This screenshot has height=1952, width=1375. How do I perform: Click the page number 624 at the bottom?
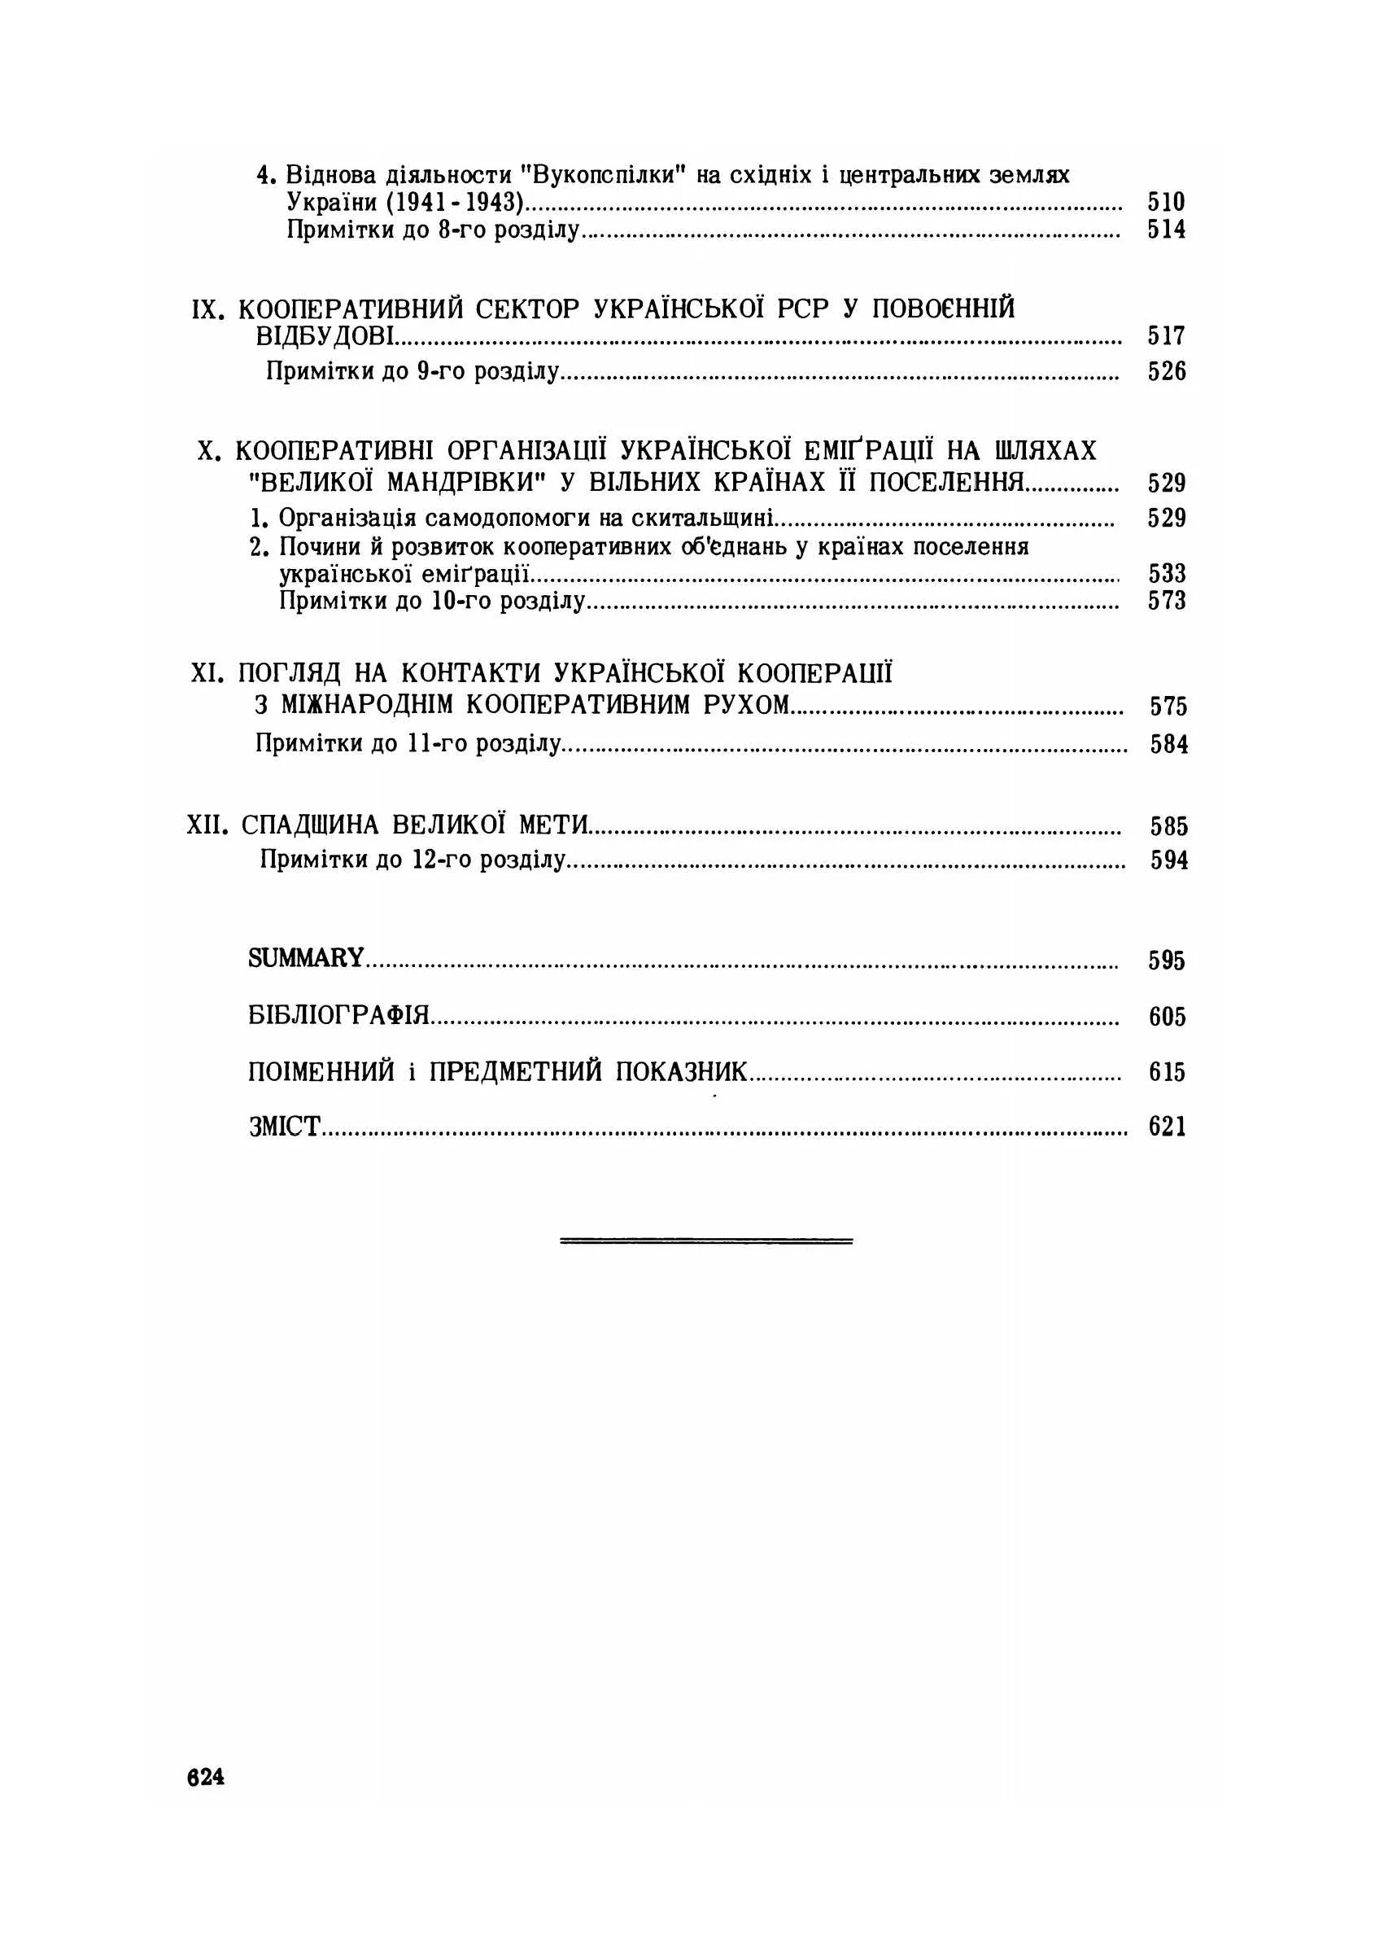(x=206, y=1777)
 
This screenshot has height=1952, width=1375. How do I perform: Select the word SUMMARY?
(x=306, y=958)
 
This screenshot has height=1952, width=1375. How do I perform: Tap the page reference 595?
(x=1167, y=961)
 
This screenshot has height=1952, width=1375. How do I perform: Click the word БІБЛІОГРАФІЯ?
(x=339, y=1014)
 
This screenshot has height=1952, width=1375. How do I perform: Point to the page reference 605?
(x=1167, y=1017)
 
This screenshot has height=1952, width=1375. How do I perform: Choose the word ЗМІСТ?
(x=285, y=1127)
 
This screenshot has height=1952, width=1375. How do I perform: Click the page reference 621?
(x=1167, y=1127)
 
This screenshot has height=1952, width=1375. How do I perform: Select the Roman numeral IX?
(x=208, y=309)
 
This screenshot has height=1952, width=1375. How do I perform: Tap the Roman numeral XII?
(x=207, y=825)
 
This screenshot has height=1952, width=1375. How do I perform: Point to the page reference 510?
(x=1166, y=203)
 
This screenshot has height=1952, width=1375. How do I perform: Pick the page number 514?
(x=1166, y=230)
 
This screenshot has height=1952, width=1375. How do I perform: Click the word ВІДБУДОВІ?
(x=325, y=336)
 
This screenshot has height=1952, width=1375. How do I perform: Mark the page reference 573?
(x=1167, y=601)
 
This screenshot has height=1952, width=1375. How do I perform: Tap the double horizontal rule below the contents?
(x=705, y=1241)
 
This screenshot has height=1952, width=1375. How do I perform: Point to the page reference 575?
(x=1168, y=707)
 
